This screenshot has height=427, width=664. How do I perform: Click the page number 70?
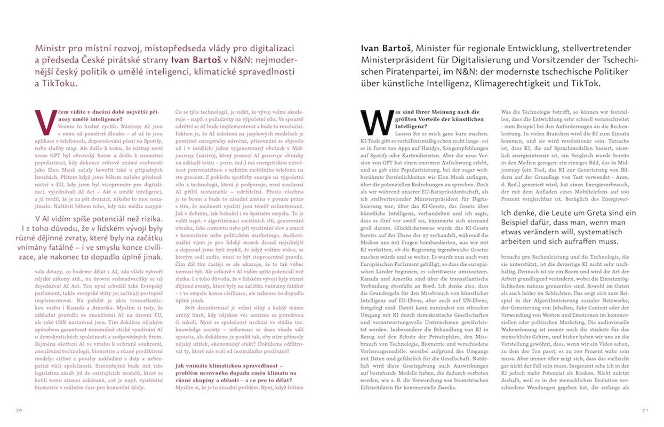19,410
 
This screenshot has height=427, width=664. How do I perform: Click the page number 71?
644,410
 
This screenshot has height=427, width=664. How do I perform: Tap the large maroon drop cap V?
42,122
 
